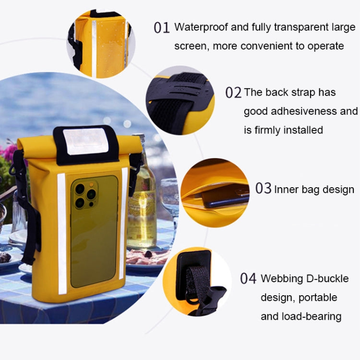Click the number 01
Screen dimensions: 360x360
tap(162, 28)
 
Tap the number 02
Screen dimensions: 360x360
tap(233, 93)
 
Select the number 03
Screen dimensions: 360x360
tap(263, 189)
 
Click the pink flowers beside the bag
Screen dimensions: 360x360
tap(9, 153)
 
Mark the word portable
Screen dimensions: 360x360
tap(318, 298)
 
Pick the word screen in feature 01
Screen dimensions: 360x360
tap(191, 46)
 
